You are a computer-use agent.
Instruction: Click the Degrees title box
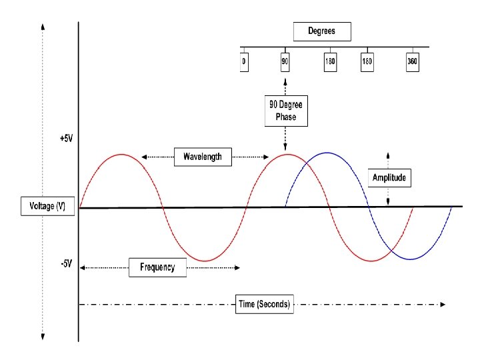point(321,31)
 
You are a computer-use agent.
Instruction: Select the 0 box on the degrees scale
point(244,61)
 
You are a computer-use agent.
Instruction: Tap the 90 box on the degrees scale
point(285,61)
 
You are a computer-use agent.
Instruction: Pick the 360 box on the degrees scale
point(413,61)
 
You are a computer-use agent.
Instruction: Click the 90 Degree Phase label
point(285,110)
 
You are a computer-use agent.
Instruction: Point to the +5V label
point(65,139)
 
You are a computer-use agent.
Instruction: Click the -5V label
point(65,263)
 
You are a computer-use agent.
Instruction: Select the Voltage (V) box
point(43,207)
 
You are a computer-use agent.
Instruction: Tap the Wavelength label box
point(203,157)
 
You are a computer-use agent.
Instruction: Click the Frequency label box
point(157,267)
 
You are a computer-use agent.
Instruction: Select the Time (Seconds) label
point(265,305)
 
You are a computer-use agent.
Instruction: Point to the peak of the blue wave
point(327,153)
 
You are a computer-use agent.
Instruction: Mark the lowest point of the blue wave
point(411,259)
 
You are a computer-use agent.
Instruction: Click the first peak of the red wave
point(121,155)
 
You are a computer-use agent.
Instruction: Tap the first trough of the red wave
point(205,261)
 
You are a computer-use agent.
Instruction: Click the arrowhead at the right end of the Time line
point(443,305)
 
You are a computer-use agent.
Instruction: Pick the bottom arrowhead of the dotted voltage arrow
point(43,337)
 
